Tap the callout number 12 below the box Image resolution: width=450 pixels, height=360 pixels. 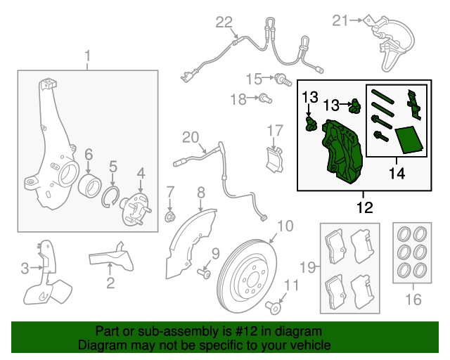click(364, 208)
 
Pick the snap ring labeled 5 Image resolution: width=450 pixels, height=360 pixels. click(112, 197)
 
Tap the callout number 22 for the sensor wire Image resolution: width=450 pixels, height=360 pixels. click(223, 22)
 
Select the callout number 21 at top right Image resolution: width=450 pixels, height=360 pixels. click(340, 21)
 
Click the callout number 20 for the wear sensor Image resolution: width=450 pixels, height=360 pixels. click(191, 136)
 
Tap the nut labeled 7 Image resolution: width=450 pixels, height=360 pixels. click(169, 216)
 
